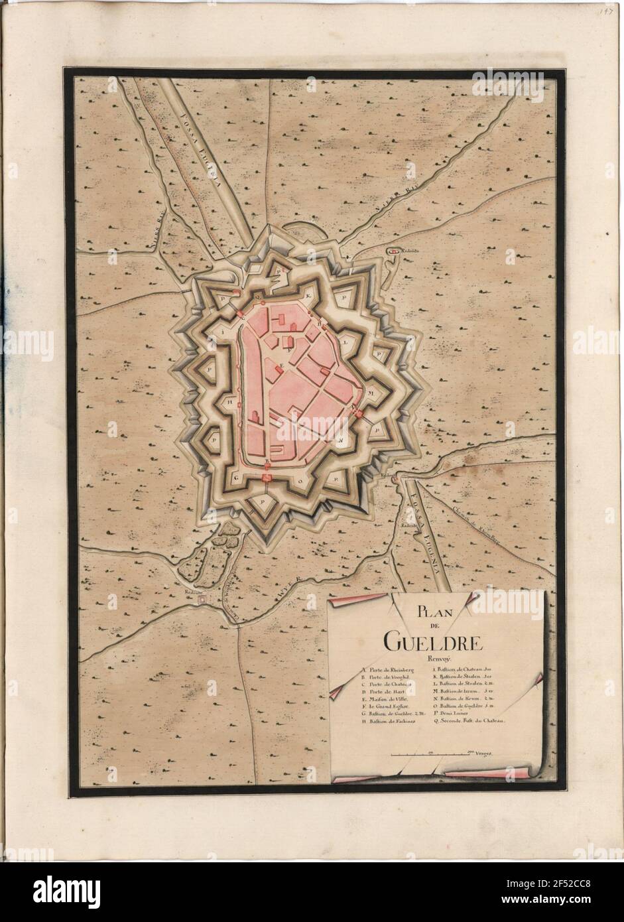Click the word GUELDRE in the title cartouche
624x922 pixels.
[433, 641]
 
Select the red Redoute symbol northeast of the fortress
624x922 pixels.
[393, 253]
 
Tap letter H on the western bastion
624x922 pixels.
[229, 402]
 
